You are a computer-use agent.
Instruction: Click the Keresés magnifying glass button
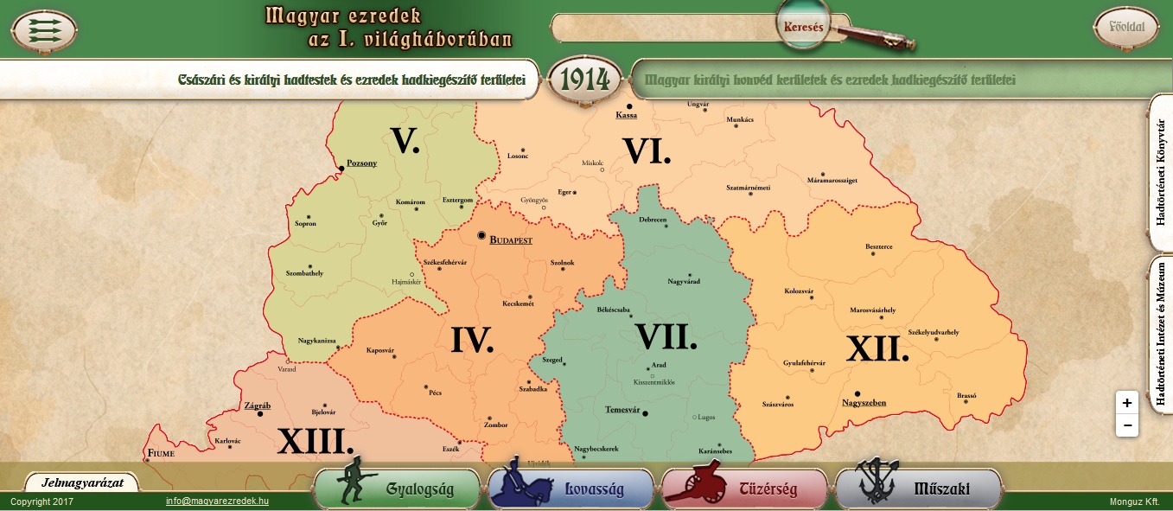804,27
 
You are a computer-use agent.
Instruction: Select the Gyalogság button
398,489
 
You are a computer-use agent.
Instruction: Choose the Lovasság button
571,489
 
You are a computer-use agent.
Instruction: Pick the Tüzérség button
744,489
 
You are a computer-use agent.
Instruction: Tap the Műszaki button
918,489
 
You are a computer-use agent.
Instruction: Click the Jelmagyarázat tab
82,482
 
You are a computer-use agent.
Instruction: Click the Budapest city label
510,240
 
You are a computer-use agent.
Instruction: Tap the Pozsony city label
361,163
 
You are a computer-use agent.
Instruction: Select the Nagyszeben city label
864,402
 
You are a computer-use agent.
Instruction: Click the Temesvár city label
622,409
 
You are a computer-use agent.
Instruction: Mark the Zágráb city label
258,406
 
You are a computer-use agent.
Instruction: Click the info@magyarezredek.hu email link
217,501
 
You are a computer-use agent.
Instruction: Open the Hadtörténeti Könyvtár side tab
1160,173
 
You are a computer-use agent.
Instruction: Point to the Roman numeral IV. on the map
471,340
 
